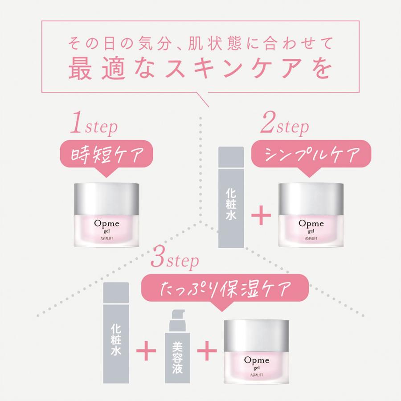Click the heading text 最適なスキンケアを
click(200, 70)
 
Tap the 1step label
click(94, 127)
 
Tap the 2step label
click(285, 127)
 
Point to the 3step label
click(175, 261)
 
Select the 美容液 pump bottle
click(178, 348)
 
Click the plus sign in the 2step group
click(262, 217)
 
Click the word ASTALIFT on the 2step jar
click(311, 237)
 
